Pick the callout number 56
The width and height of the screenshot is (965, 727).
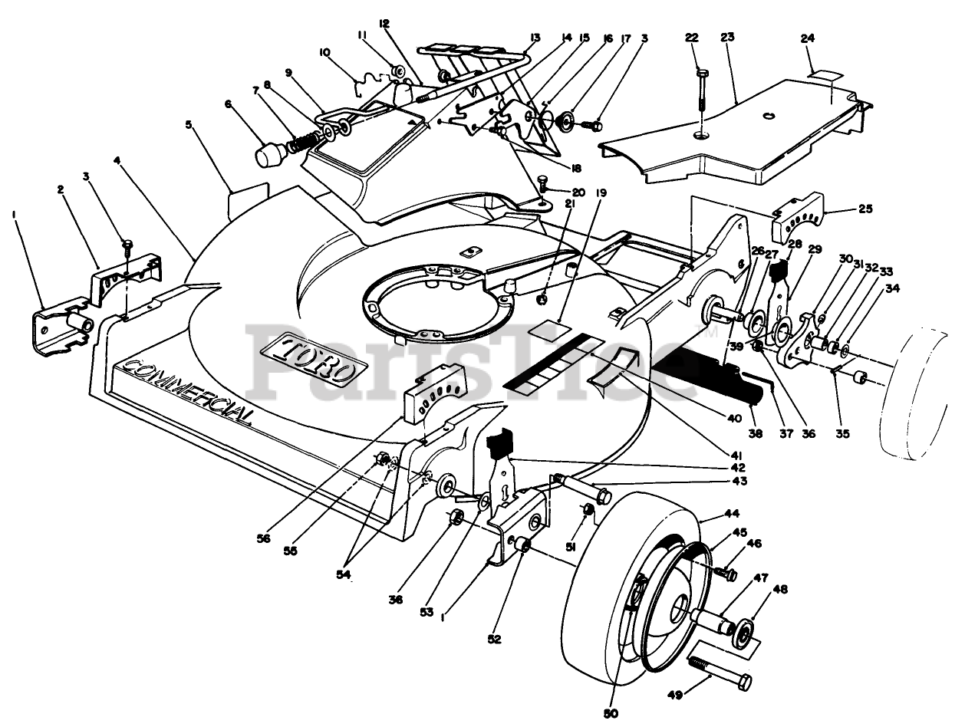pyautogui.click(x=265, y=538)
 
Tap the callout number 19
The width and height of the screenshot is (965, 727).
pyautogui.click(x=601, y=194)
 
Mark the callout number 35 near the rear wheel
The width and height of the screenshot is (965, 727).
pyautogui.click(x=843, y=433)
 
